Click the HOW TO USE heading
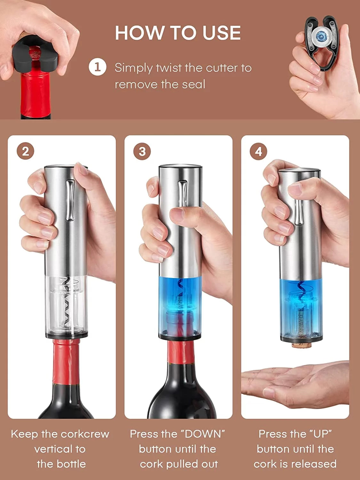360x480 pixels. click(178, 33)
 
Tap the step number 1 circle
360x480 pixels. click(97, 68)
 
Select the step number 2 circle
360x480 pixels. click(26, 151)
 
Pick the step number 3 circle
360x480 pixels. click(142, 151)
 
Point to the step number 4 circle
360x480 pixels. click(259, 151)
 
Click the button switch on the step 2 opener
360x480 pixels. click(70, 200)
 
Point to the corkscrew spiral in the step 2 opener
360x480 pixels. click(66, 301)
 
